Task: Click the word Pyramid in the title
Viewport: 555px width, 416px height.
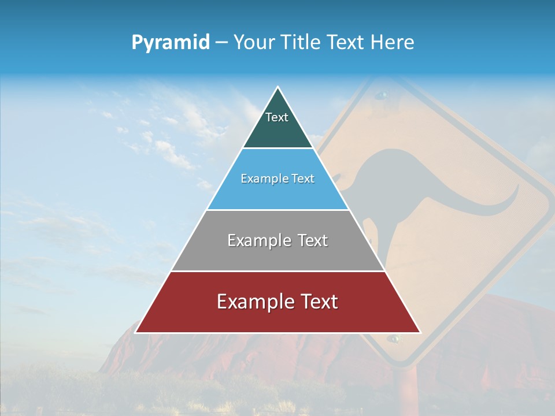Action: point(171,43)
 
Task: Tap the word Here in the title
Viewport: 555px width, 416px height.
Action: point(392,42)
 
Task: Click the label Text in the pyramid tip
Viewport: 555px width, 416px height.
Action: point(277,117)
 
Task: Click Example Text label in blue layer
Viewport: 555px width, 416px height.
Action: point(277,179)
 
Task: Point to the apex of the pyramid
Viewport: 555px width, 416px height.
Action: point(277,88)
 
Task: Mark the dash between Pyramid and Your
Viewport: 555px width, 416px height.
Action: point(221,43)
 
